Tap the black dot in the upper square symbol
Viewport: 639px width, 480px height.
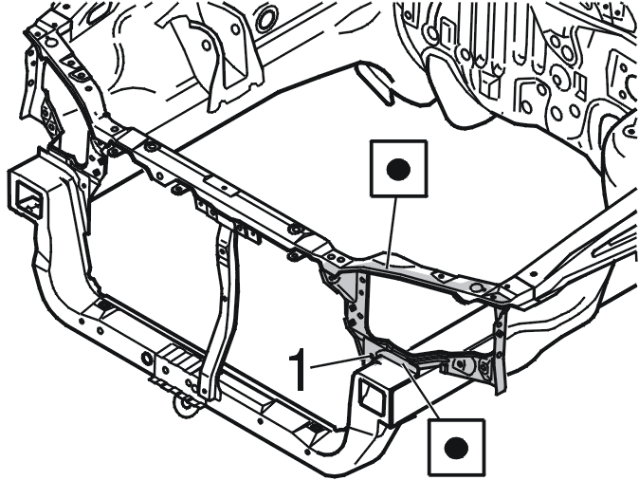(x=398, y=169)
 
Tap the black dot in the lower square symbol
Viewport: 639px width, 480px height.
(x=456, y=448)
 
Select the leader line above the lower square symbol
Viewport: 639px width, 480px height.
(x=421, y=387)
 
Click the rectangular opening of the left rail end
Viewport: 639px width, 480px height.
(x=27, y=198)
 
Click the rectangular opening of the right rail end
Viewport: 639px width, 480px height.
(x=369, y=395)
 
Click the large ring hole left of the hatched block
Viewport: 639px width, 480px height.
(x=147, y=359)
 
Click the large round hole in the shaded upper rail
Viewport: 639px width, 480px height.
(x=476, y=288)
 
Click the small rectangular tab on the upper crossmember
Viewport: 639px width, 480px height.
(x=224, y=188)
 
